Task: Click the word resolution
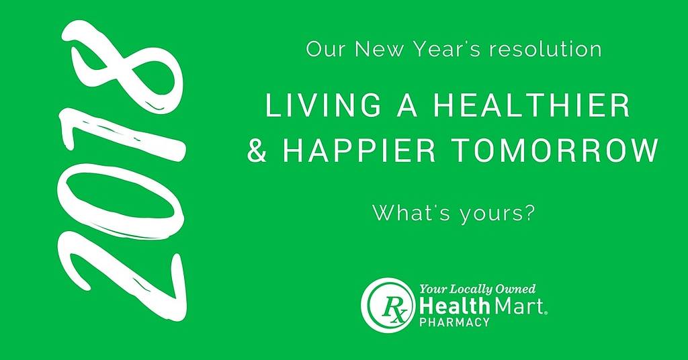(x=545, y=49)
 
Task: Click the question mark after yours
(x=530, y=213)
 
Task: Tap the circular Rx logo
(x=388, y=305)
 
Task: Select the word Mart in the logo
(x=519, y=305)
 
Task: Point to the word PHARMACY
(x=454, y=322)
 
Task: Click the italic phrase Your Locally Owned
(x=478, y=289)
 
